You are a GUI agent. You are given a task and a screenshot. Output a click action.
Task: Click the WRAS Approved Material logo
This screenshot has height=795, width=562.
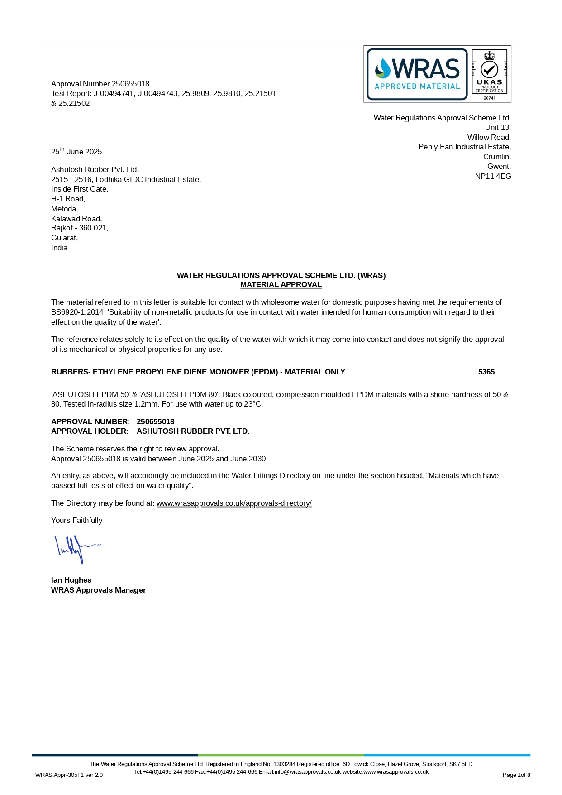[x=417, y=74]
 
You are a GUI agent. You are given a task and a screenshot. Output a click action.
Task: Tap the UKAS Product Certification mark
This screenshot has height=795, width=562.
[x=489, y=74]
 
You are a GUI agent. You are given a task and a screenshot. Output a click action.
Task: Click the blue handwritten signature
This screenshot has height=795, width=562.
[x=76, y=549]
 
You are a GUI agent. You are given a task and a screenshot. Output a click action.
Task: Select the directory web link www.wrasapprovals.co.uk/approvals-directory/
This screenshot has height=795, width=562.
[x=234, y=503]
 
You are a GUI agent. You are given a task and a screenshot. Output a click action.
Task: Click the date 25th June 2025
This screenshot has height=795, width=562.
[x=76, y=152]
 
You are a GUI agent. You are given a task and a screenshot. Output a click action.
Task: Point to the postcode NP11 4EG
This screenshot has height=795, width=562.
[x=493, y=176]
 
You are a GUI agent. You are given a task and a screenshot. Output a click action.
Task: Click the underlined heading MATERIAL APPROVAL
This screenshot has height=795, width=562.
[x=281, y=284]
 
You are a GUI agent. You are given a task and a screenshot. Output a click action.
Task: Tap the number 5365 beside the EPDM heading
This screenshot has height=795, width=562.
[x=486, y=372]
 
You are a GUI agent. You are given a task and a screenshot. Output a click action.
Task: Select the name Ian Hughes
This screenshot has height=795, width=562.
[x=71, y=580]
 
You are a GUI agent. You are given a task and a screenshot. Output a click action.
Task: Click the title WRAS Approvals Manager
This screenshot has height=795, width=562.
[x=98, y=590]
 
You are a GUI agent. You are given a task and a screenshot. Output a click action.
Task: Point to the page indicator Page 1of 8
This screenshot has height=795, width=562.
[x=516, y=775]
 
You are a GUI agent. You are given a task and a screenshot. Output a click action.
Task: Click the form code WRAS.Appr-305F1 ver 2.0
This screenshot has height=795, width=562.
[x=69, y=775]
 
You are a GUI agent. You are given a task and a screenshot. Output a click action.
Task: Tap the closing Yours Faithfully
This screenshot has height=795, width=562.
[x=76, y=520]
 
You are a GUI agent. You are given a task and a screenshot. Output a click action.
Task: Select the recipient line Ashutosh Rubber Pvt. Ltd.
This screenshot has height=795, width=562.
[x=95, y=169]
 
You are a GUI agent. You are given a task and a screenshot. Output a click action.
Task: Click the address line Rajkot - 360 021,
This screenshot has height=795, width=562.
[x=80, y=228]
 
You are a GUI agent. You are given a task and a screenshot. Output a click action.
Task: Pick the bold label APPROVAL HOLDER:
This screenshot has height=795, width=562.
[x=90, y=431]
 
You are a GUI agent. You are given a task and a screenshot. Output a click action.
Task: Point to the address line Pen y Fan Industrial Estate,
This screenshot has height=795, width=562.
[x=464, y=147]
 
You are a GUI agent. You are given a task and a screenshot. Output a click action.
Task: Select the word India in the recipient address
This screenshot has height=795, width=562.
[x=59, y=248]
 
